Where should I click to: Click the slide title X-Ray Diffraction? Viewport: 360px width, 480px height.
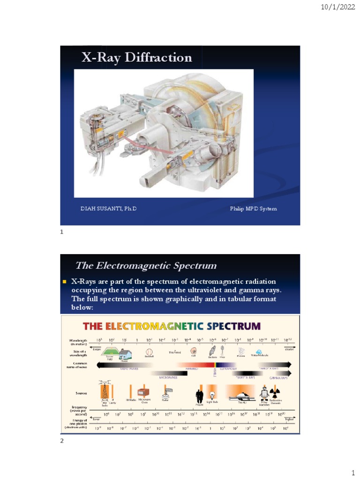click(137, 58)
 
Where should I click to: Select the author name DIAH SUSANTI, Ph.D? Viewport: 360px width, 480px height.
click(107, 209)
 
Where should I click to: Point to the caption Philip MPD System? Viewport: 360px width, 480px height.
click(253, 209)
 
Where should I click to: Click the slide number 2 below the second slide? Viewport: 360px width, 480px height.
click(61, 441)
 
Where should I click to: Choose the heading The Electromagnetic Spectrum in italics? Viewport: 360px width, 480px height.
click(146, 266)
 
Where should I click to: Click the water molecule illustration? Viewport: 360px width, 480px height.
click(259, 352)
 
